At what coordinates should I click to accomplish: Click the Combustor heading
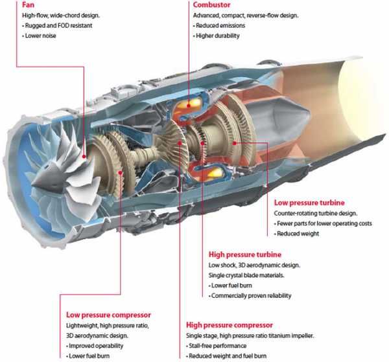pyautogui.click(x=211, y=5)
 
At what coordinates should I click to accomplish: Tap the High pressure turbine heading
pyautogui.click(x=245, y=255)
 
